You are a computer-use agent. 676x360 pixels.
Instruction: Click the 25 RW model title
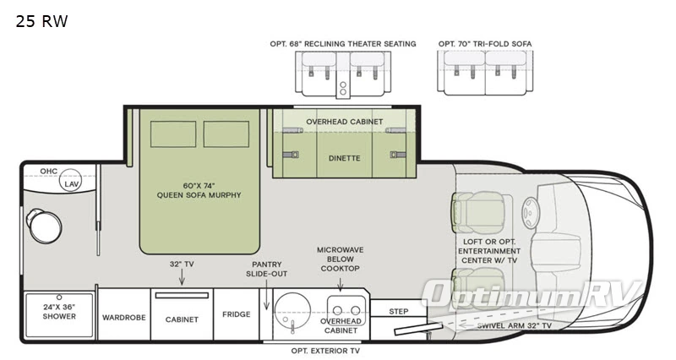point(41,21)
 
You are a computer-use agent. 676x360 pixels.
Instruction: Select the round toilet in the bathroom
point(43,223)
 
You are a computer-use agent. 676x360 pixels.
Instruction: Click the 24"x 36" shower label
point(59,312)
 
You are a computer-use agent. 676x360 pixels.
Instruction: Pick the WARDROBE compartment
point(124,319)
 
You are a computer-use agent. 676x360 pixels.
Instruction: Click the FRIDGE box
point(236,314)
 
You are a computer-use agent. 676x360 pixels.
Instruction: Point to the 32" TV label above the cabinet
point(182,265)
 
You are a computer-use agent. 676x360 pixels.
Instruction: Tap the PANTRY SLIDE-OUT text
point(267,270)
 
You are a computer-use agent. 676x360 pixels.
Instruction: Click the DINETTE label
point(344,158)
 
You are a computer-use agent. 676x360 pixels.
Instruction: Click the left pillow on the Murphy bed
point(174,134)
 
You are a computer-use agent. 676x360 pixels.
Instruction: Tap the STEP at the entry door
point(399,312)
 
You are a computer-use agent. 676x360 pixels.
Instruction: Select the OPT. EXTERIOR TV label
point(325,351)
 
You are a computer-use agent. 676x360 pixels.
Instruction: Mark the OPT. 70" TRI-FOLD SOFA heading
point(485,44)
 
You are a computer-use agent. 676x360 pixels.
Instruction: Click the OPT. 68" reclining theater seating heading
point(343,44)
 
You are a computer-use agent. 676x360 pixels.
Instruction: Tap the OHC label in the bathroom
point(49,171)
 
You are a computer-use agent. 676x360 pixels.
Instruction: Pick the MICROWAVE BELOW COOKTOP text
point(339,259)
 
